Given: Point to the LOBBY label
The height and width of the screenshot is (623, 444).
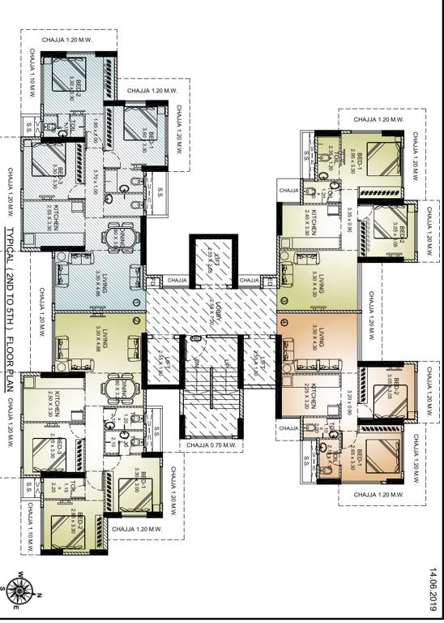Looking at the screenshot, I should [212, 311].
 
